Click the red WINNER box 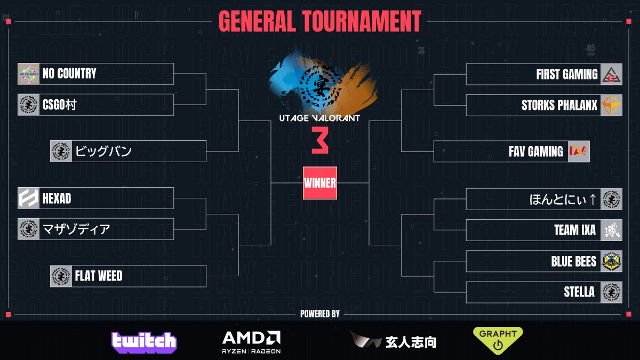point(320,183)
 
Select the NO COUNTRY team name point(69,74)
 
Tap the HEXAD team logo point(29,198)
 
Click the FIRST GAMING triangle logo point(611,74)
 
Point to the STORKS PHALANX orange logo point(611,105)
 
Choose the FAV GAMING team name point(535,151)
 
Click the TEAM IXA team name point(574,230)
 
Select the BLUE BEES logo point(611,261)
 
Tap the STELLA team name point(579,292)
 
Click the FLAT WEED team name point(98,276)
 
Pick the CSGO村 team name point(60,105)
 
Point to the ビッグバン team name point(103,151)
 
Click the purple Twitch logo point(144,342)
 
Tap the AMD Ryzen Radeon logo point(251,341)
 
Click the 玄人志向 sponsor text point(411,342)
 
